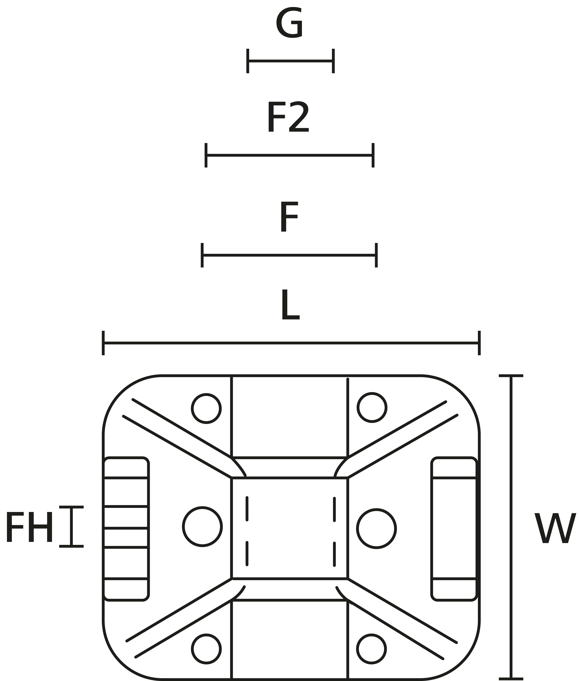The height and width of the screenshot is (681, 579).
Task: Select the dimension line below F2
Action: click(x=289, y=155)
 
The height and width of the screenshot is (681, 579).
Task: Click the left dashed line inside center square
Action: click(x=247, y=531)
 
